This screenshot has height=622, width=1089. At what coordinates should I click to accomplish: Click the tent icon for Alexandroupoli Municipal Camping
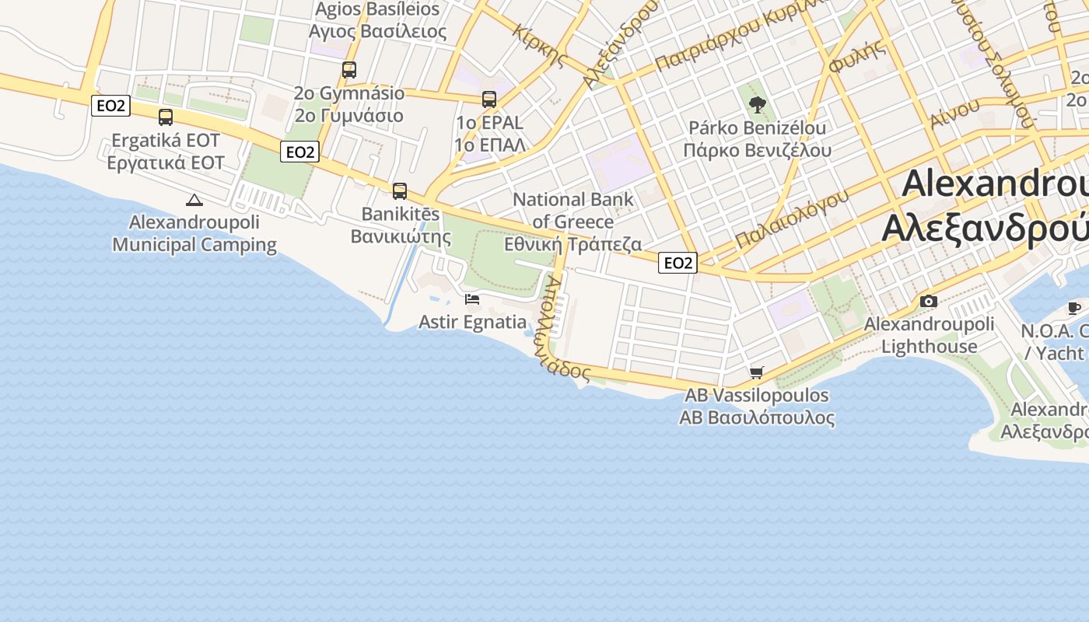pos(194,200)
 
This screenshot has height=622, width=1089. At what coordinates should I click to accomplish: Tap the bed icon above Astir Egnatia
pos(471,299)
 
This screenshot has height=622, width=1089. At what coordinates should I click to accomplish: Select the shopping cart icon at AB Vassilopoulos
pos(756,373)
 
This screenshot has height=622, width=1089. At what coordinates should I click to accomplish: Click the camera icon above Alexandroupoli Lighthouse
pos(928,301)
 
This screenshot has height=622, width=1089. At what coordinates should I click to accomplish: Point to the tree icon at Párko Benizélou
pos(756,105)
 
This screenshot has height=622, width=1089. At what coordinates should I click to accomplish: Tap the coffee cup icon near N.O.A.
pos(1074,308)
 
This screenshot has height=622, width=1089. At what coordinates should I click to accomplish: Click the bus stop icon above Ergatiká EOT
pos(166,117)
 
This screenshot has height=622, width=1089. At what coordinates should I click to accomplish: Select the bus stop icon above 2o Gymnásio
pos(349,70)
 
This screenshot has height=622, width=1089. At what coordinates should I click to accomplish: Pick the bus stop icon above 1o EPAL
pos(488,100)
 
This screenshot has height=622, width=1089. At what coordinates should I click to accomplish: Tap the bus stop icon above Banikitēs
pos(400,191)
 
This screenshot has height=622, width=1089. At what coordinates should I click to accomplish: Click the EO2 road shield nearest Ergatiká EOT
pos(110,106)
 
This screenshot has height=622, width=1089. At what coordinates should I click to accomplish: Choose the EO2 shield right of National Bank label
pos(677,263)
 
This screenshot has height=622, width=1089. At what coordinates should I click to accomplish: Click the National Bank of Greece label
pos(573,222)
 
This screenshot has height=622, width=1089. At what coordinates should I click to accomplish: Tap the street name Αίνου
pos(954,114)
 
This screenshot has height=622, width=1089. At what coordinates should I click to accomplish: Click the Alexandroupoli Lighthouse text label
pos(930,335)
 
